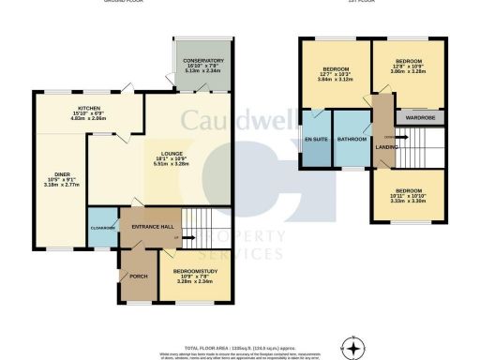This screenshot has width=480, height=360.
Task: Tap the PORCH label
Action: (139, 277)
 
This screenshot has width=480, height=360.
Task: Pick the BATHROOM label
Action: (352, 140)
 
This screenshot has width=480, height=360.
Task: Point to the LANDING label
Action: (386, 145)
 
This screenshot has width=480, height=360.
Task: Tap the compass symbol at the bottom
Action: (353, 347)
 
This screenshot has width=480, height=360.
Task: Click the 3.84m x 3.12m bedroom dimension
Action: (335, 81)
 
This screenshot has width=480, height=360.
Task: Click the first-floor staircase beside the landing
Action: (420, 143)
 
